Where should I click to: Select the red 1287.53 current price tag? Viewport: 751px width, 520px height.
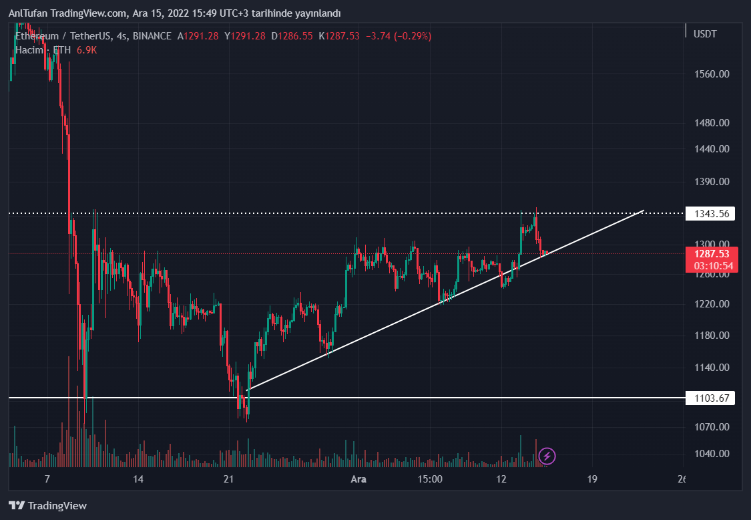point(712,254)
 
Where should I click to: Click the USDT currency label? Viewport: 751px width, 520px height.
point(705,34)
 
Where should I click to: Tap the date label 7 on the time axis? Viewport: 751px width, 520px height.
point(47,479)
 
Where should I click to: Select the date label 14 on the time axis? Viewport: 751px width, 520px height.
point(138,479)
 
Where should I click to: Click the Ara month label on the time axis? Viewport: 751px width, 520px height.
point(358,479)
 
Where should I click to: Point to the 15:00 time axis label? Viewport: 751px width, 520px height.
point(430,479)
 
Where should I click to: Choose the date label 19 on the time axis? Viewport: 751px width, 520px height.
point(591,479)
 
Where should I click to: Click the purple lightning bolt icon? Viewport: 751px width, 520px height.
point(547,457)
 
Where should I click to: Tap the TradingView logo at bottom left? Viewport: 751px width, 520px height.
point(47,506)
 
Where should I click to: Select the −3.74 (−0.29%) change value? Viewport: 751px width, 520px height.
point(397,36)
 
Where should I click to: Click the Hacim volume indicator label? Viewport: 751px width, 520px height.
point(29,50)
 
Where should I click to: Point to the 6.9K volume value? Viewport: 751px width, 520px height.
point(86,50)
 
